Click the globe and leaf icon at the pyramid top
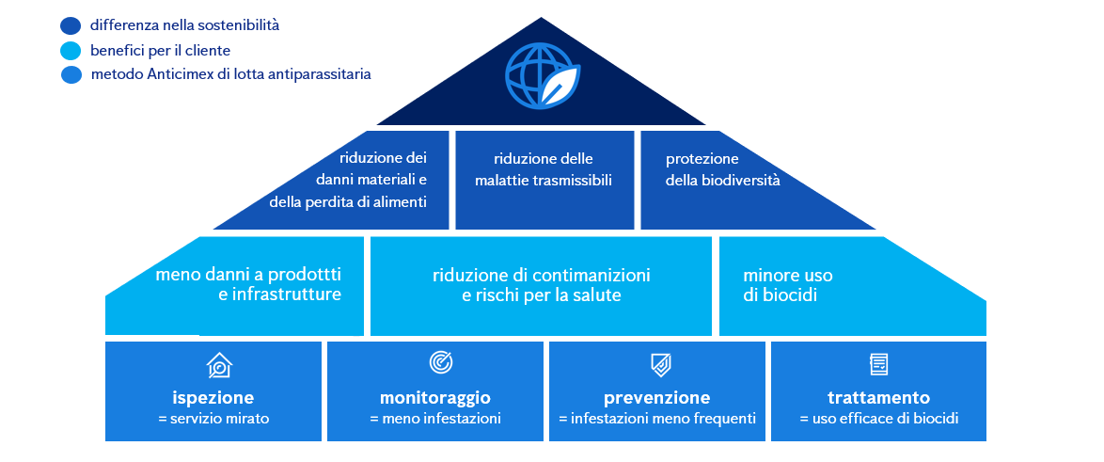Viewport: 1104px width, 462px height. (x=543, y=76)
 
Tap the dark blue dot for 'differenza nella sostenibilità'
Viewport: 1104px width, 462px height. (x=71, y=26)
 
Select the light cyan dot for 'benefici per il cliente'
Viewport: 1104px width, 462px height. (x=71, y=51)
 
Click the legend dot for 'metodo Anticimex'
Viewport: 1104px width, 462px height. (x=71, y=75)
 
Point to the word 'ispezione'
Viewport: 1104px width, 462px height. (x=213, y=397)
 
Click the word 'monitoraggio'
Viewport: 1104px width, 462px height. (x=434, y=397)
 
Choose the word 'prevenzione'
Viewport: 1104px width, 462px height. (x=656, y=397)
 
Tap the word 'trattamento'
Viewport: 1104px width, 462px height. (x=878, y=397)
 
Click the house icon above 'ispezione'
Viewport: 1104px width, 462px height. (x=218, y=364)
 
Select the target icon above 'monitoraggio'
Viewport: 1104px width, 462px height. (x=440, y=362)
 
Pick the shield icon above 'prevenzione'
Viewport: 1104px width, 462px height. (x=660, y=364)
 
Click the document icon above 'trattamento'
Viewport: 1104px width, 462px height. (x=878, y=363)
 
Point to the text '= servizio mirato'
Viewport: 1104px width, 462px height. (x=213, y=419)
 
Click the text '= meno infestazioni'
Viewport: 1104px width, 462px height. (x=435, y=419)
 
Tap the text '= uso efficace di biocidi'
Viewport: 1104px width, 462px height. (x=878, y=419)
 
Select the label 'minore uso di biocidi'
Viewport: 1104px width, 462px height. (x=788, y=285)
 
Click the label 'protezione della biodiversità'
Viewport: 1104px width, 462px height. (x=722, y=169)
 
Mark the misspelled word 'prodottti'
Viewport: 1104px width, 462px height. (x=306, y=275)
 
